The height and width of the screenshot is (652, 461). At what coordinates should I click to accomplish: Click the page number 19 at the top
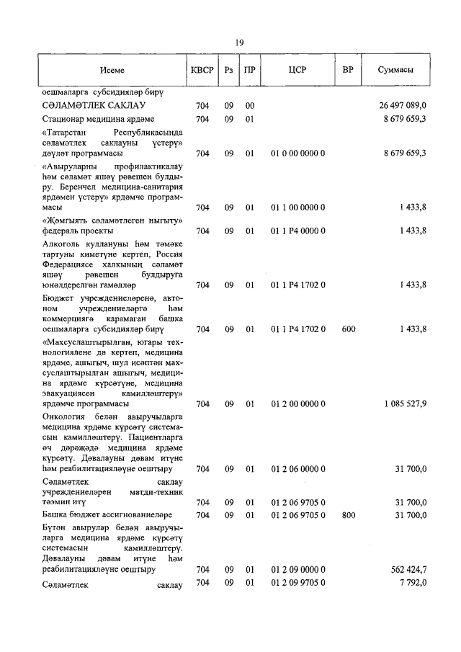coord(240,43)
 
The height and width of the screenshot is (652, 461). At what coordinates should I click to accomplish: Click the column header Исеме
coord(112,70)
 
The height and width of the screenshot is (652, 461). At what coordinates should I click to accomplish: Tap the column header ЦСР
coord(297,70)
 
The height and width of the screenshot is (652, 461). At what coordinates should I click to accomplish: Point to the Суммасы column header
coord(395,70)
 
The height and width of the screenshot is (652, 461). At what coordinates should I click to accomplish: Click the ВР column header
coord(348,70)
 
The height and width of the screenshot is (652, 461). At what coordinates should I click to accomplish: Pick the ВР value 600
coord(349,329)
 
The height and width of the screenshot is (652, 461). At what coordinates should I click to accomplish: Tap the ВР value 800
coord(349,515)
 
